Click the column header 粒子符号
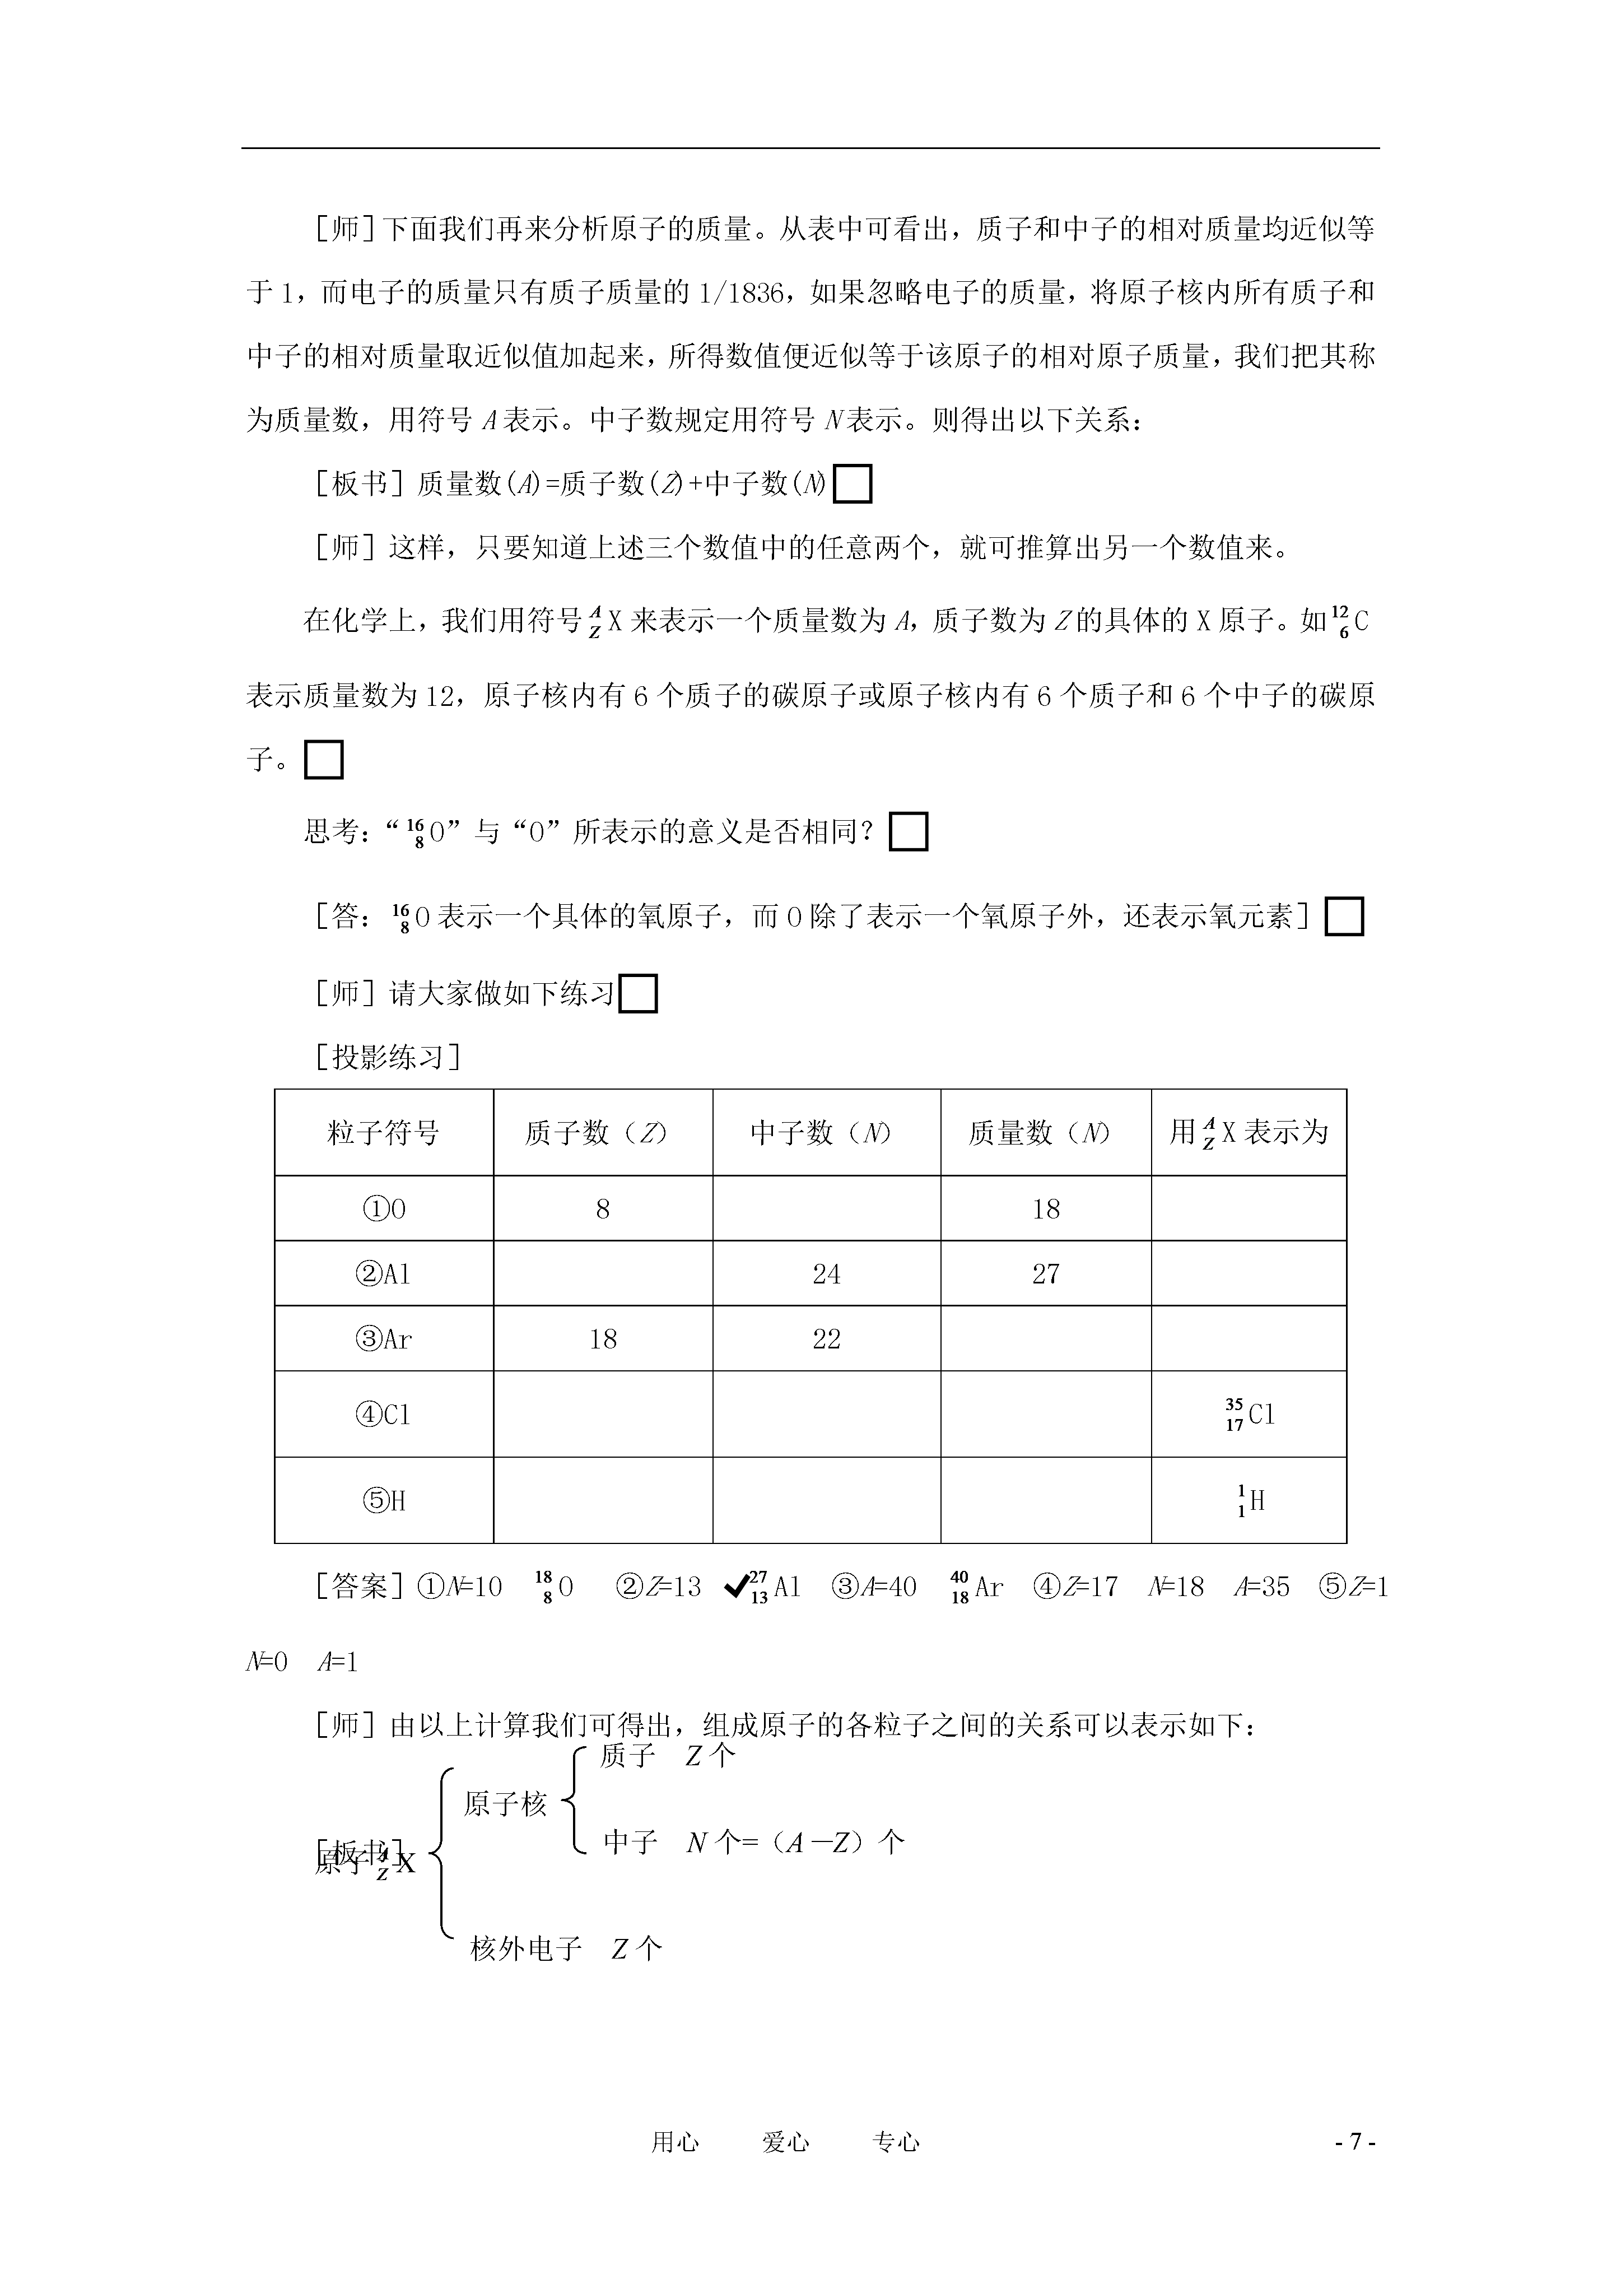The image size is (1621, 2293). [x=384, y=1133]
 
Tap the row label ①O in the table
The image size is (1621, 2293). [x=384, y=1210]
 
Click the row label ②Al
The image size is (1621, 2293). [x=384, y=1275]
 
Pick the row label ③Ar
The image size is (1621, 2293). [x=384, y=1339]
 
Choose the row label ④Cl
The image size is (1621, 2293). [x=384, y=1414]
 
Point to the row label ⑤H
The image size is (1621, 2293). [x=384, y=1501]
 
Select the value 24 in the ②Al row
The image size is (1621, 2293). [x=826, y=1275]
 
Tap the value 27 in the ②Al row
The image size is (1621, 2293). [x=1046, y=1275]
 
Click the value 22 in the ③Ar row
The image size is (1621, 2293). [x=826, y=1339]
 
